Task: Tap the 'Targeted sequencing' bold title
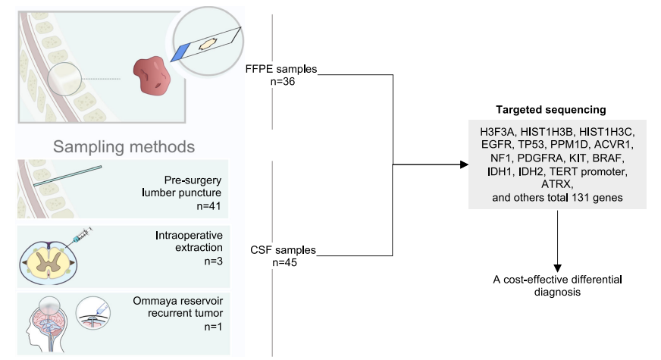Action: coord(558,109)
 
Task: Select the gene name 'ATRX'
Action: coord(558,185)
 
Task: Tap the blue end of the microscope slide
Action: coord(180,52)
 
